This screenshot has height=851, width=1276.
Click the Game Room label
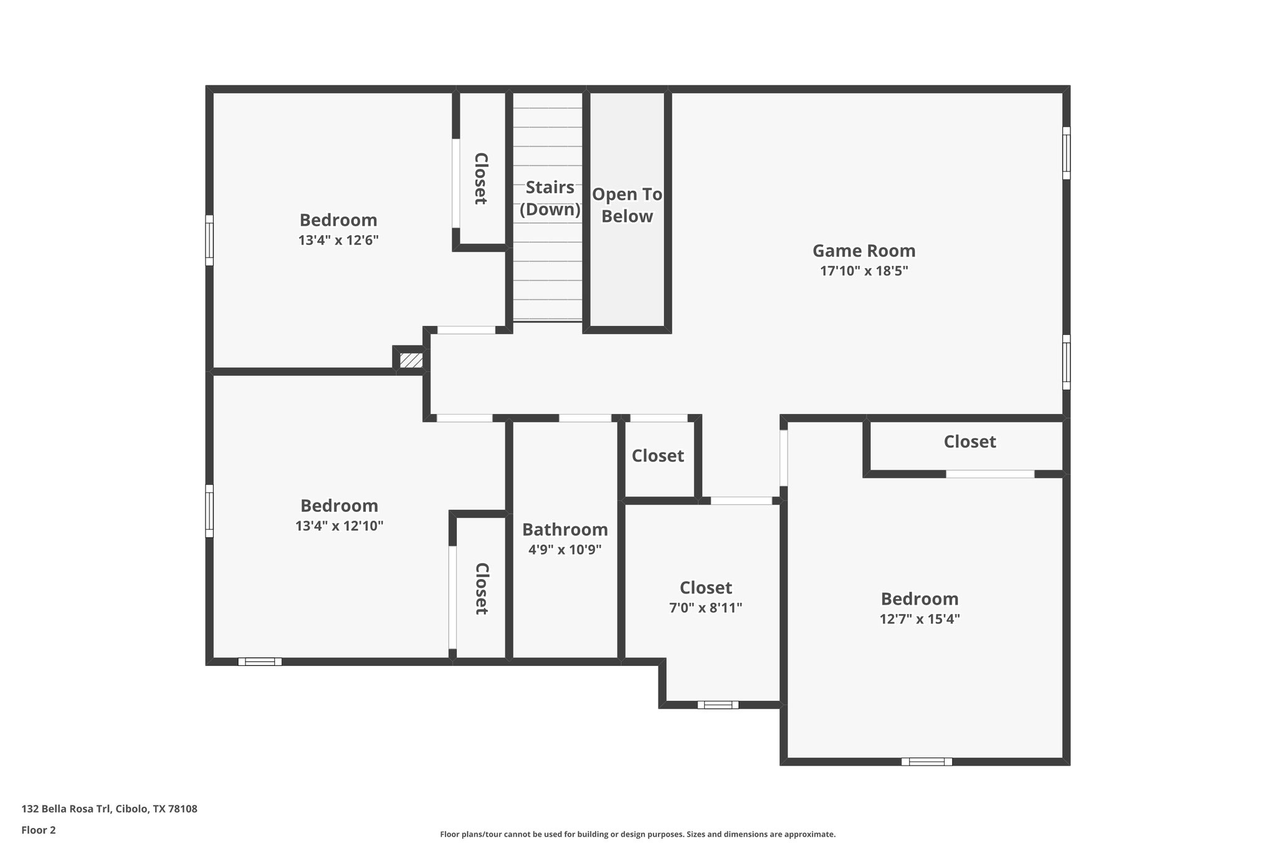click(x=864, y=251)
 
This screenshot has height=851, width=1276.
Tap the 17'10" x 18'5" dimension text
click(x=864, y=271)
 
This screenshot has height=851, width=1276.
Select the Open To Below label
click(x=627, y=205)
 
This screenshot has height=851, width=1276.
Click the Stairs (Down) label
click(x=550, y=198)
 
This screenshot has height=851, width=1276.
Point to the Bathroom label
click(x=564, y=529)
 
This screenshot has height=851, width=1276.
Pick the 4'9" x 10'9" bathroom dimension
click(x=564, y=550)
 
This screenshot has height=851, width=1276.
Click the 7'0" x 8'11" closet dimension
click(x=705, y=608)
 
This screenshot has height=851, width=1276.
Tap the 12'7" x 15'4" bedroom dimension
click(x=920, y=619)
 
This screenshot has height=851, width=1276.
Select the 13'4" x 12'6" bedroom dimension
click(x=338, y=240)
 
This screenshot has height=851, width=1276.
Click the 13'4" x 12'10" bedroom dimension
click(x=339, y=526)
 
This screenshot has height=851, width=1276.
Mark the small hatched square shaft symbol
click(x=411, y=360)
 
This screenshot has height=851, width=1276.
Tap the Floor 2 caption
click(x=39, y=830)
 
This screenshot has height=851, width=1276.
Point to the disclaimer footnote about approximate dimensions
click(x=637, y=834)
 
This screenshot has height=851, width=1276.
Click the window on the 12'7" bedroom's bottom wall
click(x=926, y=761)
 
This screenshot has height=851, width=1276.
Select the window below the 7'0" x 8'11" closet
click(x=718, y=704)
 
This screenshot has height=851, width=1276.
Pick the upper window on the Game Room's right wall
click(x=1066, y=153)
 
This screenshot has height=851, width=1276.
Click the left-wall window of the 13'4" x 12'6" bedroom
click(x=209, y=240)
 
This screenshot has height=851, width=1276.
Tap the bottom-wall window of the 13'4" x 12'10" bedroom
click(x=260, y=661)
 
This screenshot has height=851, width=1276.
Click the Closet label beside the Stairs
click(x=480, y=178)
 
